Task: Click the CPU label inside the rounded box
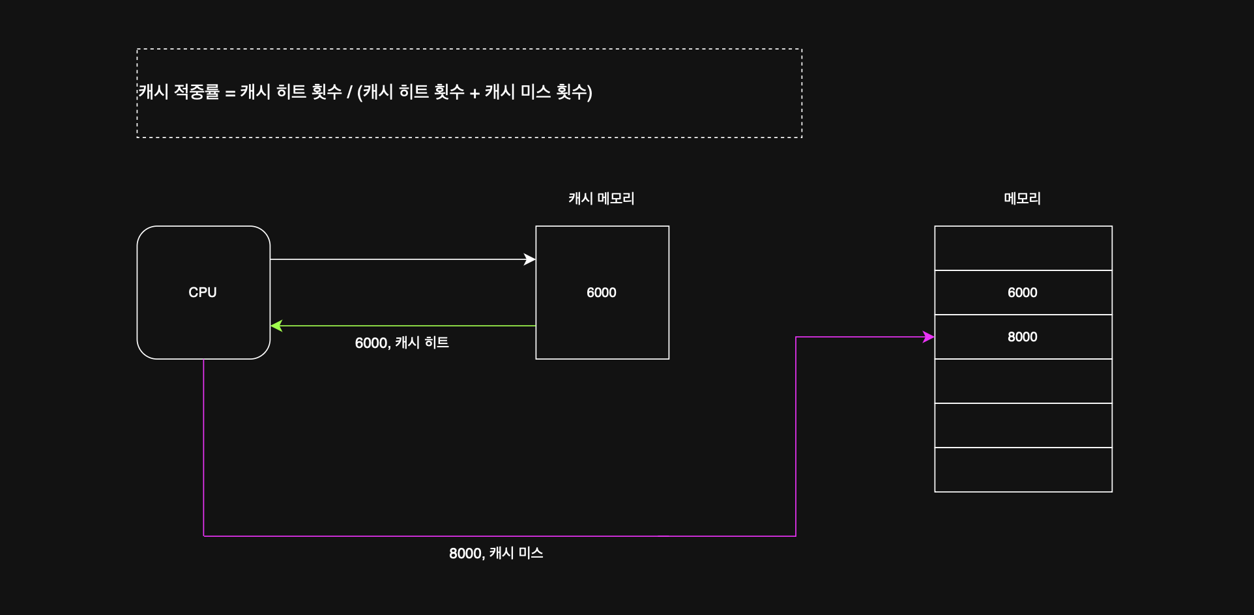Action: (x=203, y=293)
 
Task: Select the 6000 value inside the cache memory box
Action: (x=601, y=293)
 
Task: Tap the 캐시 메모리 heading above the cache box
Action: (x=601, y=198)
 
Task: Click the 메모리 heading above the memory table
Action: (x=1022, y=198)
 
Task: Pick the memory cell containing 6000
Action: (x=1023, y=293)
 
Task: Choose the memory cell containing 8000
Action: (x=1023, y=337)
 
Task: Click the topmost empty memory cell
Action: (x=1023, y=248)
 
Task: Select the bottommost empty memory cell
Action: (x=1023, y=470)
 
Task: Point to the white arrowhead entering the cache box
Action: (x=530, y=259)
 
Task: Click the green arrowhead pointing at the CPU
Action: (x=276, y=326)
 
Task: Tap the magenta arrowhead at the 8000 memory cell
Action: (x=929, y=337)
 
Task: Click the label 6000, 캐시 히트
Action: (x=401, y=343)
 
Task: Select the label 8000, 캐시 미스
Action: (x=496, y=553)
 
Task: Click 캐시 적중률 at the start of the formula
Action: (x=179, y=92)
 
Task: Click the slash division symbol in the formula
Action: (x=349, y=93)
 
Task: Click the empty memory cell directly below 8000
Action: (x=1023, y=381)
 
